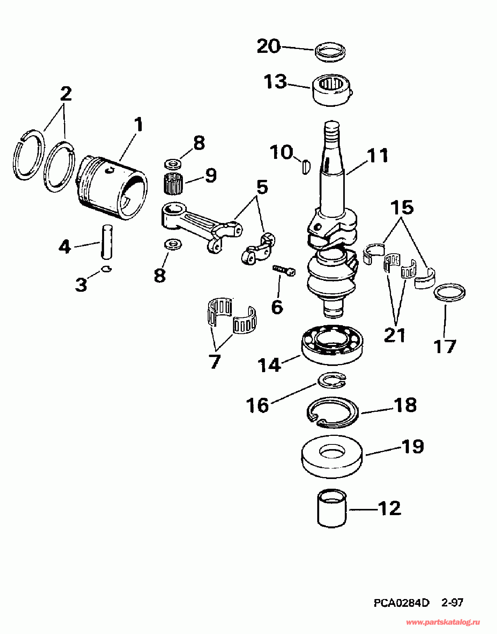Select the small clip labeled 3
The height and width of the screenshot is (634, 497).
coord(106,268)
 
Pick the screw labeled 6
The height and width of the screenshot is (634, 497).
coord(284,270)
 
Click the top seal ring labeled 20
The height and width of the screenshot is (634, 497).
coord(330,51)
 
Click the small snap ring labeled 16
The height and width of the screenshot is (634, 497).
coord(332,380)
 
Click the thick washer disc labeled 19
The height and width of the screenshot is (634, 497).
coord(332,457)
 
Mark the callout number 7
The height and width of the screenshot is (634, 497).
coord(215,361)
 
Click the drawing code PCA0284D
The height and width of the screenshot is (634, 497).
coord(401,603)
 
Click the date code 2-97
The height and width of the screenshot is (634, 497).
coord(452,603)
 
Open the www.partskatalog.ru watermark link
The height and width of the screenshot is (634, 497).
coord(443,622)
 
